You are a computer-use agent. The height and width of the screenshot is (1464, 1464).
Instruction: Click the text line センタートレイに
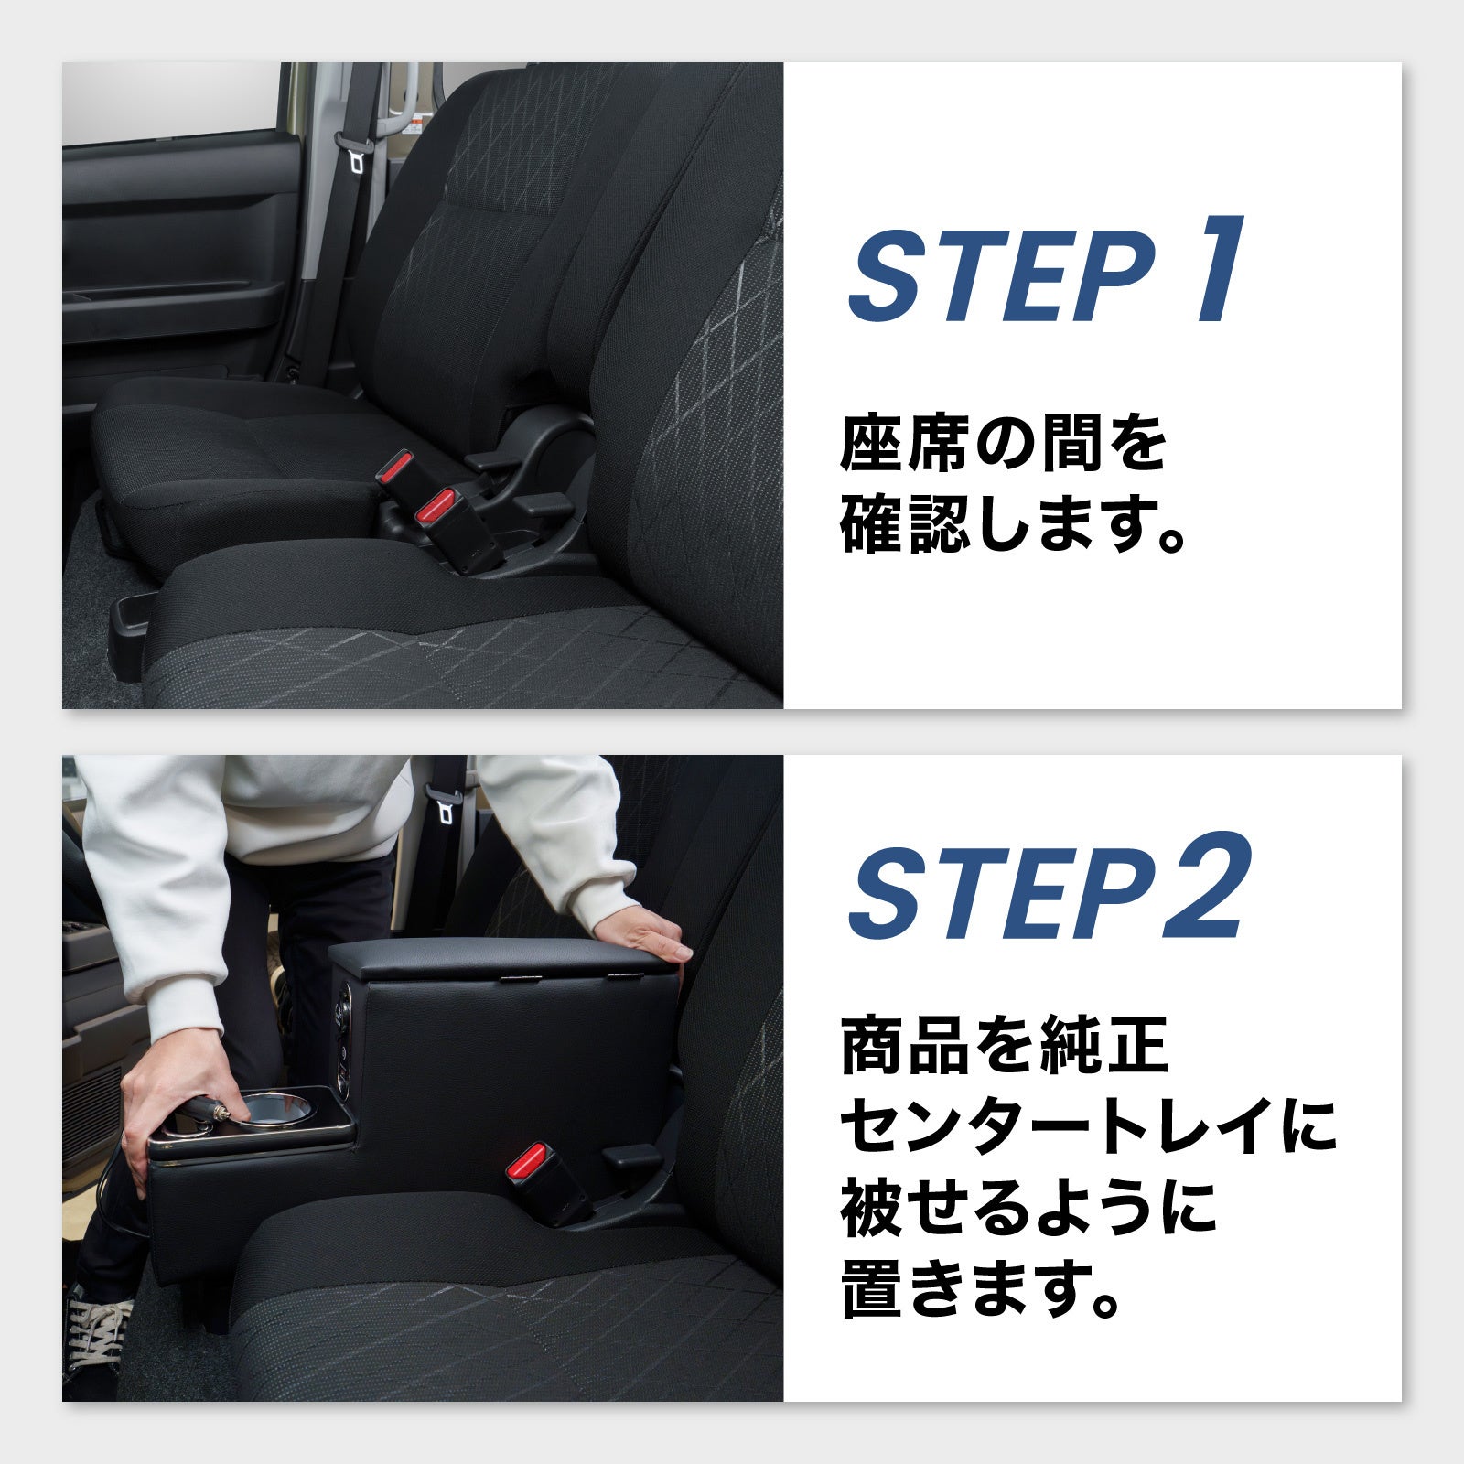coord(1087,1127)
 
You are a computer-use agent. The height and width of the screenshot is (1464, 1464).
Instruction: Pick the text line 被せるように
coord(1028,1207)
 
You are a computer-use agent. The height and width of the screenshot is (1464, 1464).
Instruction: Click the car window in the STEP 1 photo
coord(170,101)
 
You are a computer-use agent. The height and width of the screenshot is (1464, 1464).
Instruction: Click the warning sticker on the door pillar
coord(416,123)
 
